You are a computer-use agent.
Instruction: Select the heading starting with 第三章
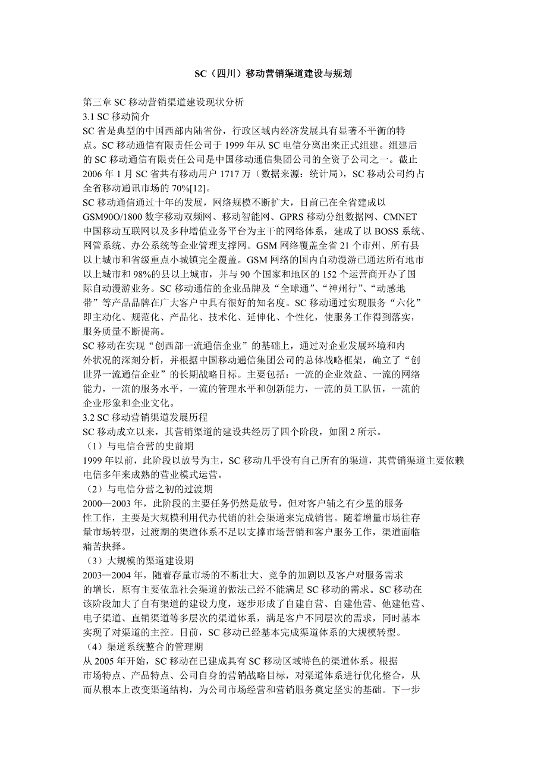coord(164,102)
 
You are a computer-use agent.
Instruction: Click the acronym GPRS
coord(286,217)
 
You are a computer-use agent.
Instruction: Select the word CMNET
coord(400,217)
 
